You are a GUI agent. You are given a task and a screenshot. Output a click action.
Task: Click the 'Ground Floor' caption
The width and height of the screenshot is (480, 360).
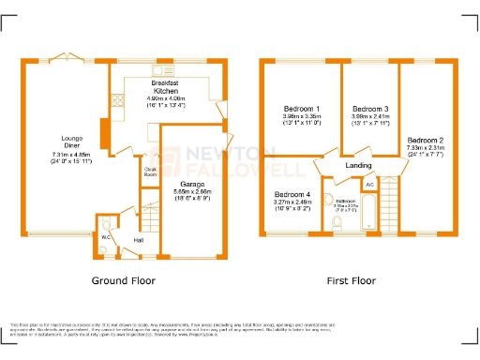point(123,280)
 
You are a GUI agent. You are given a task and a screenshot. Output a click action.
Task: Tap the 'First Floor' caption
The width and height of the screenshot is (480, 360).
point(351,280)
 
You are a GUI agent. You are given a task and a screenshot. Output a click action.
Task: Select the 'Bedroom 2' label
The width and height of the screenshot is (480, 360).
point(425,140)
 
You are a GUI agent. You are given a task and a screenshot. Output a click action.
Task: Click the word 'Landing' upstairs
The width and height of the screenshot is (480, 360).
point(359,166)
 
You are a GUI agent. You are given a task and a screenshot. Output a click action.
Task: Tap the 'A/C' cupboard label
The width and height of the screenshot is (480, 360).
point(369,186)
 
